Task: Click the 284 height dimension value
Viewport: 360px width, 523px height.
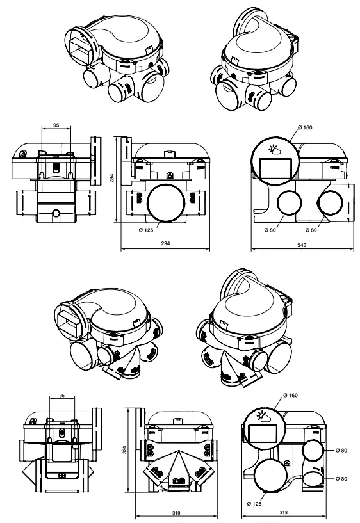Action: pos(111,180)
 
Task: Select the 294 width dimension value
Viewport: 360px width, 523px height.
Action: pos(165,244)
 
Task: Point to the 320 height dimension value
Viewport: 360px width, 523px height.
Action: pos(125,450)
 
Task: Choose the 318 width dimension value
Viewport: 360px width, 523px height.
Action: pos(294,514)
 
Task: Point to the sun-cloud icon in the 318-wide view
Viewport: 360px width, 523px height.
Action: pos(263,419)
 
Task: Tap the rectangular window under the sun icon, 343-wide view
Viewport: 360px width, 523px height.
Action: pos(275,169)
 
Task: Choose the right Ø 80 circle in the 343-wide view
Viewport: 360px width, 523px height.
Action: pos(332,205)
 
